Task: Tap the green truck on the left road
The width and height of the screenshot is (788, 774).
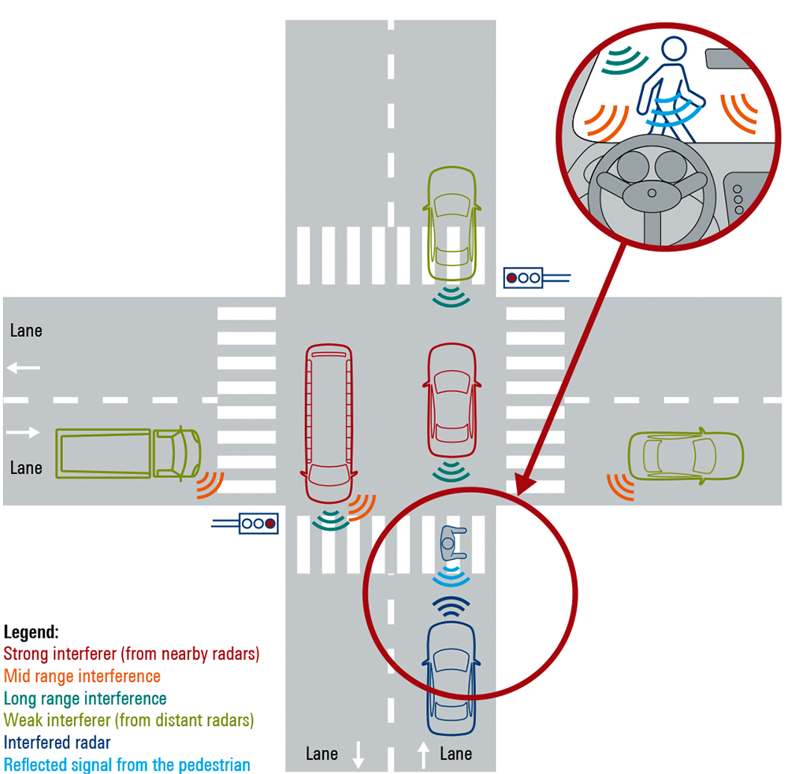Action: tap(128, 453)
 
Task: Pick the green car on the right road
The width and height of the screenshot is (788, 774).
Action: tap(685, 454)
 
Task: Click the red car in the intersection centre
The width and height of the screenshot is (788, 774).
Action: tap(452, 402)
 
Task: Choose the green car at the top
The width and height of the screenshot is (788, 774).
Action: tap(452, 225)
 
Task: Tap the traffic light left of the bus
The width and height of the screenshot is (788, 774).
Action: tap(258, 522)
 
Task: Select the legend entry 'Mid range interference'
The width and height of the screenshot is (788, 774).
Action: tap(82, 676)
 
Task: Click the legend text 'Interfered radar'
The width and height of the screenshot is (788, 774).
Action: tap(58, 742)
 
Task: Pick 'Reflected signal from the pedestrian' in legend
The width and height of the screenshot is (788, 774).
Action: tap(127, 764)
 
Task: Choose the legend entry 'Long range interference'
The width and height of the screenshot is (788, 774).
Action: tap(85, 698)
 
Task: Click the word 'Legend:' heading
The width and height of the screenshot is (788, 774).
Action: tap(31, 631)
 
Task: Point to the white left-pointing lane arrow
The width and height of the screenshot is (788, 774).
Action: tap(24, 368)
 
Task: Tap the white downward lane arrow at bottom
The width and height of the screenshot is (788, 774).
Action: tap(359, 755)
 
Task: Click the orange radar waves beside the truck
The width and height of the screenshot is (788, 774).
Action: tap(210, 484)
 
